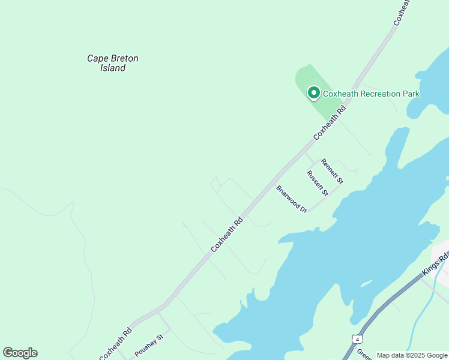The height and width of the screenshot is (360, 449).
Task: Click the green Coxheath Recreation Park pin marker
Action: coord(313,93)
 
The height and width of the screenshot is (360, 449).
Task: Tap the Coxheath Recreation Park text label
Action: coord(371,94)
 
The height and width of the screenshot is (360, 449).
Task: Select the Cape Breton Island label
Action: coord(113,63)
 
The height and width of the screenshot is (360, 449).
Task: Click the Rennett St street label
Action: coord(332,171)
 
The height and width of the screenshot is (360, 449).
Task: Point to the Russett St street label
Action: coord(317,183)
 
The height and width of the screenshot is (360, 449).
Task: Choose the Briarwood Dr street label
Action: coord(292,198)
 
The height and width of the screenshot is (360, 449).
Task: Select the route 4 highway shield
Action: coord(357,339)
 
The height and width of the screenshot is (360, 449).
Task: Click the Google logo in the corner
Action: coord(20,353)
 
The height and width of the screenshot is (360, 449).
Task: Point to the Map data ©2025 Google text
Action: coord(412,355)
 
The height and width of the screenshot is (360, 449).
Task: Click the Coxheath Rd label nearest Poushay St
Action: coord(115,344)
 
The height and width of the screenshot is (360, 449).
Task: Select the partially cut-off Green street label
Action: coord(364,353)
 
